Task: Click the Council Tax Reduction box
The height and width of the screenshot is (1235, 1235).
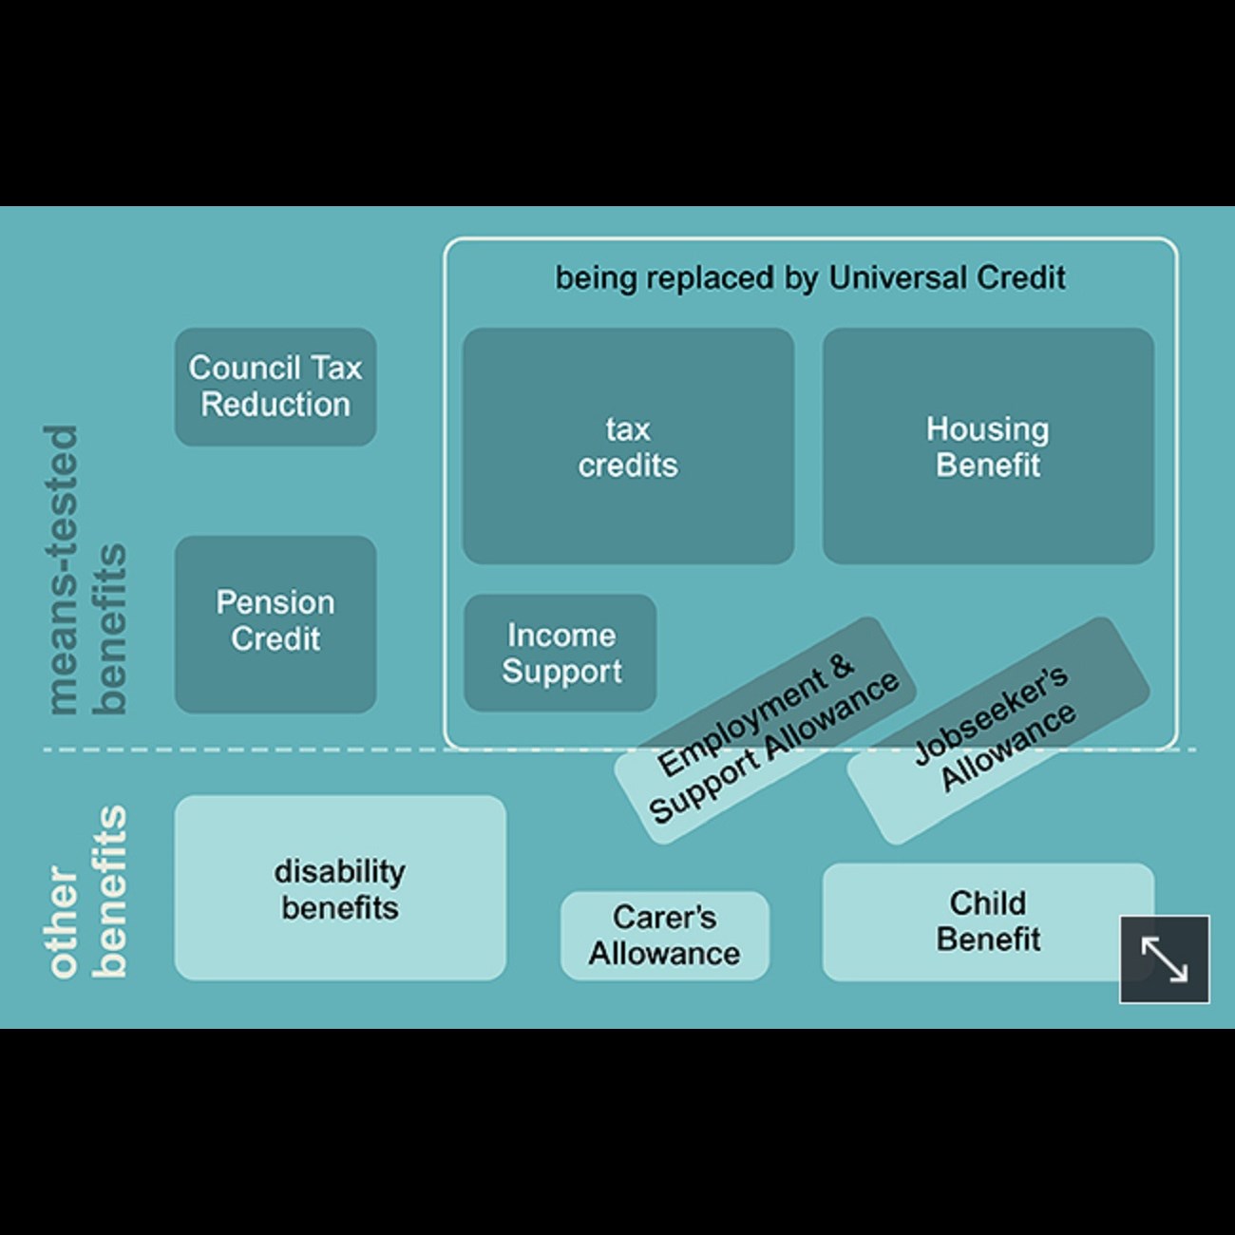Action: [x=275, y=387]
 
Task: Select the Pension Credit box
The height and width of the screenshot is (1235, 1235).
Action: [x=275, y=623]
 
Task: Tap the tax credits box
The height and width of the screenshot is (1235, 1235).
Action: [x=628, y=446]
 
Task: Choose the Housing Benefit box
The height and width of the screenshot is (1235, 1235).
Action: [x=988, y=446]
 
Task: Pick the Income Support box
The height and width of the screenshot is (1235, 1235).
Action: [x=560, y=653]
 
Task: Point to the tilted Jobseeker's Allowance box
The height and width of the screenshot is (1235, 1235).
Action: [x=997, y=730]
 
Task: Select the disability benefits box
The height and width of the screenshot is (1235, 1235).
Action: [x=340, y=887]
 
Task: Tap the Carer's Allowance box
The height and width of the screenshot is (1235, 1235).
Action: [x=664, y=936]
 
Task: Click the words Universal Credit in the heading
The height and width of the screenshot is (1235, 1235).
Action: [x=946, y=278]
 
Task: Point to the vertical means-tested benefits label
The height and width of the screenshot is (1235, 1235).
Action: [x=85, y=570]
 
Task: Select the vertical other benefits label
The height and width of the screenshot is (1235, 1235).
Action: [x=85, y=893]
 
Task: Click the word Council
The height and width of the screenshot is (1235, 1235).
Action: [x=244, y=368]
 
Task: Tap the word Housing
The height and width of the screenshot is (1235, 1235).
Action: [x=988, y=429]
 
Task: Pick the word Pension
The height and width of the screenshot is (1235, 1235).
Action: [x=275, y=603]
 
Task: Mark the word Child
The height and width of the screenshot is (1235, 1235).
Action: [x=988, y=902]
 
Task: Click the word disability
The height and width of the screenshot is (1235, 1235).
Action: [x=340, y=871]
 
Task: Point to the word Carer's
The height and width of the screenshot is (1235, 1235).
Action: [x=664, y=918]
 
